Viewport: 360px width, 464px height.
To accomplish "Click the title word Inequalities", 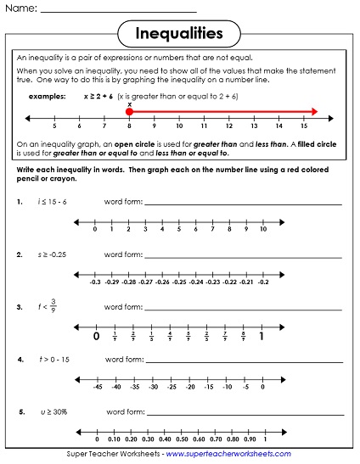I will (x=179, y=33).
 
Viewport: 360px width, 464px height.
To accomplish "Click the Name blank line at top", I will (x=118, y=11).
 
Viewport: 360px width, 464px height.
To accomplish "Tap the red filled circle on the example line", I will (x=129, y=111).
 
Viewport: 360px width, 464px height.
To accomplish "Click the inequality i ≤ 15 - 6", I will (x=53, y=201).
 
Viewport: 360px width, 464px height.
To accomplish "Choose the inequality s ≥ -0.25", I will (x=53, y=254).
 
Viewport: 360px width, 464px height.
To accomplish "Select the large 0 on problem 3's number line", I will (x=96, y=337).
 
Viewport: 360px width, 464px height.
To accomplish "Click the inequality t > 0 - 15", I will (x=53, y=359).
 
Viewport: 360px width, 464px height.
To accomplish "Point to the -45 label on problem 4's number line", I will (x=98, y=387).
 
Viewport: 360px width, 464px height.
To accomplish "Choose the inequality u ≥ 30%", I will (x=53, y=411).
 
